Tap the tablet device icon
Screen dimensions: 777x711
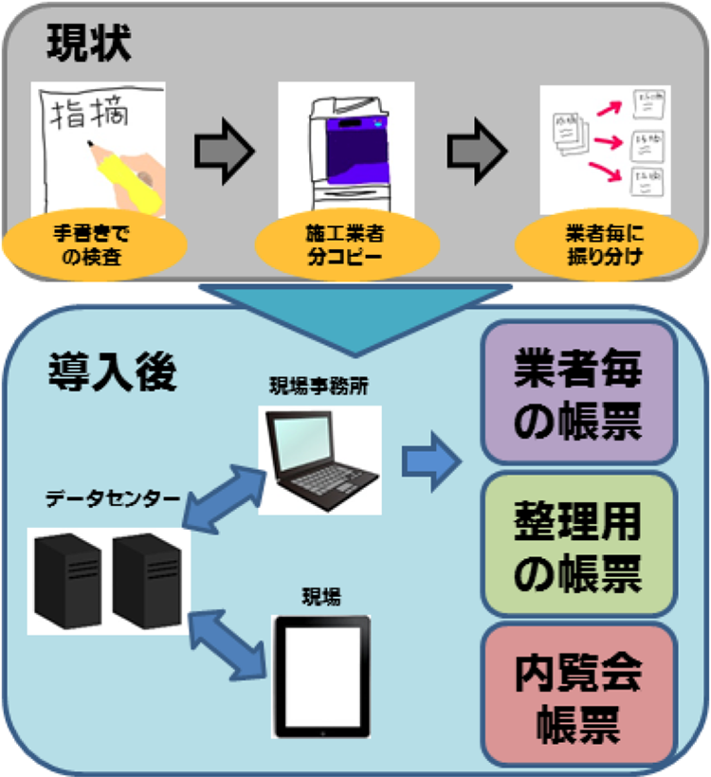click(320, 677)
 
